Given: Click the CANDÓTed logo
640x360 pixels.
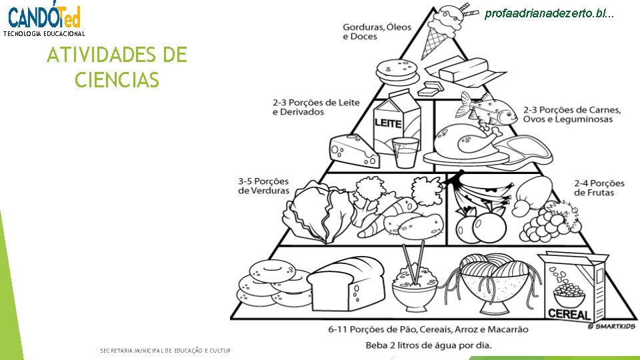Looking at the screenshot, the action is tap(44, 17).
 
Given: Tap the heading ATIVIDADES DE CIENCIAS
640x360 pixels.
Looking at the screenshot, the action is tap(117, 67).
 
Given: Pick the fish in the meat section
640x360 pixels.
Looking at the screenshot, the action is tap(485, 108).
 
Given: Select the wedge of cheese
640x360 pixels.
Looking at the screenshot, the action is tap(353, 150).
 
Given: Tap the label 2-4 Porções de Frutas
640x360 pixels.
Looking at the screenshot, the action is tap(599, 188).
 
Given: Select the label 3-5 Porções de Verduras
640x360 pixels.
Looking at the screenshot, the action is tap(264, 185).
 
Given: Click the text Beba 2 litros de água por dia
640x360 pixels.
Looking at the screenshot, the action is tap(438, 345).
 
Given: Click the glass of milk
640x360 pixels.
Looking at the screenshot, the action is tap(405, 152).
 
